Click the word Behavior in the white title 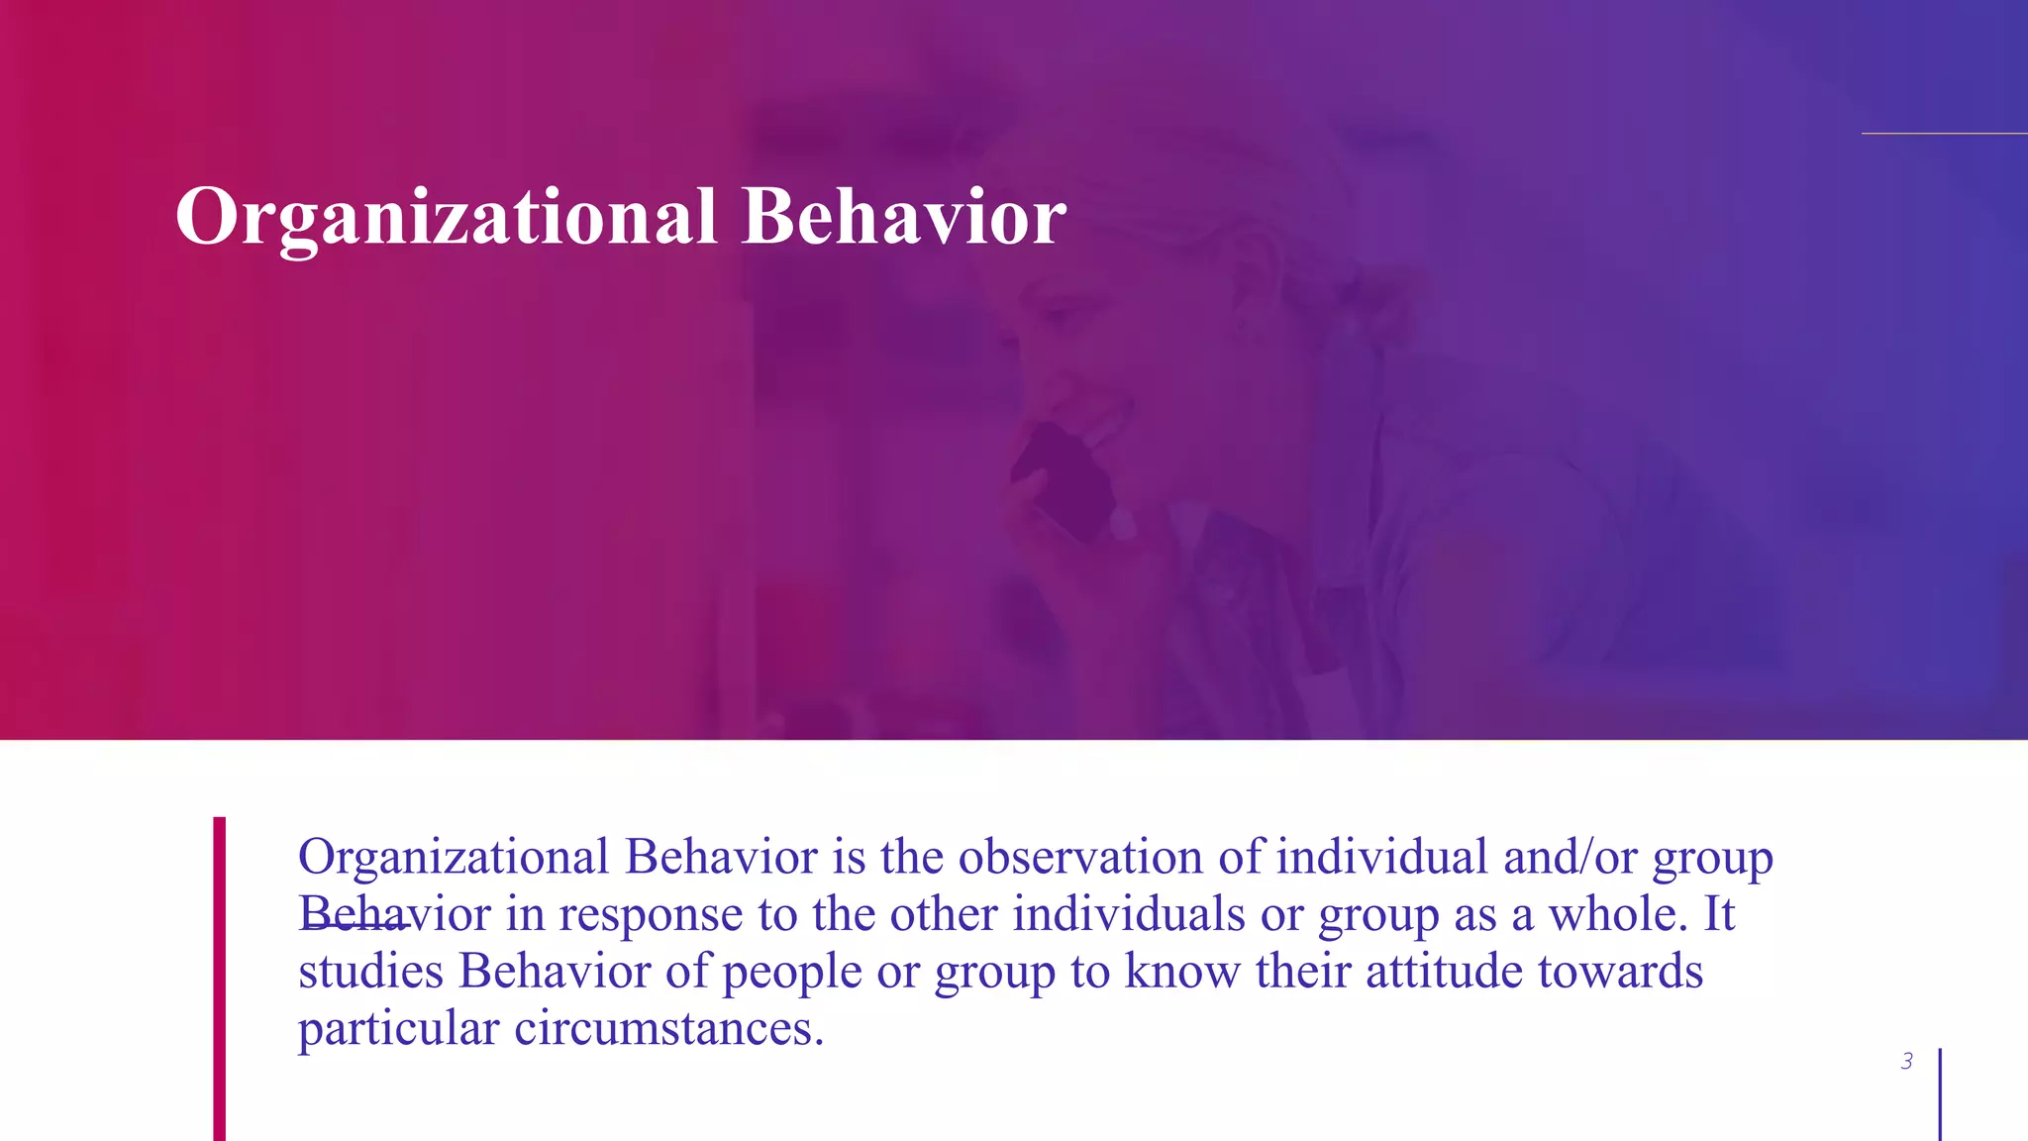click(x=904, y=217)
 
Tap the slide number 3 click(x=1906, y=1062)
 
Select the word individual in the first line click(x=1381, y=857)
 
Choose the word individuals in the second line click(x=1128, y=914)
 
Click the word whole click(x=1617, y=914)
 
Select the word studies click(x=370, y=972)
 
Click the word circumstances click(x=668, y=1029)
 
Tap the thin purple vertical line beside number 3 click(x=1940, y=1094)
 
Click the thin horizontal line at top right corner click(x=1943, y=133)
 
